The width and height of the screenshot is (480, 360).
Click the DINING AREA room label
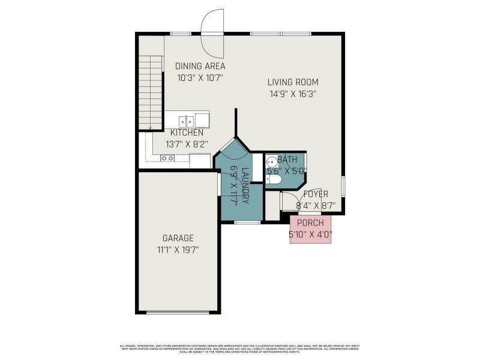200,66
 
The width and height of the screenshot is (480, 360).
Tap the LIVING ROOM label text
293,82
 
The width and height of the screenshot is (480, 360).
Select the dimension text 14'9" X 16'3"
293,94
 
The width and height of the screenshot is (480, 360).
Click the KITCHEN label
187,133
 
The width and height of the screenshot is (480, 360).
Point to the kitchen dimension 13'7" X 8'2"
187,144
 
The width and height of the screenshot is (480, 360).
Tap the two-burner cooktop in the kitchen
167,158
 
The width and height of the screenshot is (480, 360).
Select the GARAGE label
178,238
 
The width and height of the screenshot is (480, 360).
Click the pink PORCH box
311,229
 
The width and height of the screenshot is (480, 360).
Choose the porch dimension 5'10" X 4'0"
311,235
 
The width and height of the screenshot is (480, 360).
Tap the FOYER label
316,194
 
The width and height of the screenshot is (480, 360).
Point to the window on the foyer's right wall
343,186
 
